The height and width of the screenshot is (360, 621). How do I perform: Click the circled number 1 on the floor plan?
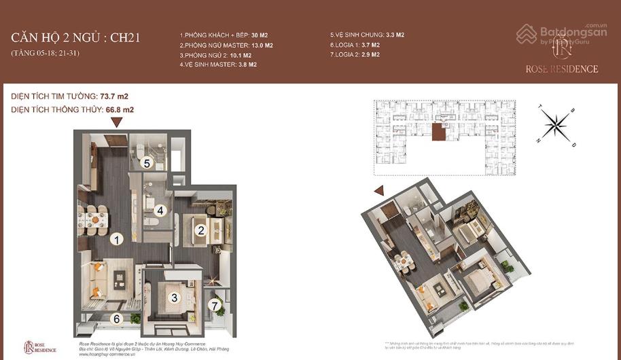117,239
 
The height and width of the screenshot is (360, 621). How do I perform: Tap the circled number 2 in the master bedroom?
200,230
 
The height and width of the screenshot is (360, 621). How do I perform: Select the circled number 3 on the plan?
174,298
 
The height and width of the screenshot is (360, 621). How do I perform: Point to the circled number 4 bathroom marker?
160,210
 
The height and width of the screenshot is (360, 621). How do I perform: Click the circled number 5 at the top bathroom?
146,163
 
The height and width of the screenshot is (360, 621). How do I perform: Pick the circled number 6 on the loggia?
117,318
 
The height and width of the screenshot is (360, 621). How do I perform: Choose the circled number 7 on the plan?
216,305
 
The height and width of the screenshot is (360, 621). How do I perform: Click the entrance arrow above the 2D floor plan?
117,122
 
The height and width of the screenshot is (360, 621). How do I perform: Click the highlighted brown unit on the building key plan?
439,132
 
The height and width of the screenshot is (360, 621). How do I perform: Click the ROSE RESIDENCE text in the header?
561,69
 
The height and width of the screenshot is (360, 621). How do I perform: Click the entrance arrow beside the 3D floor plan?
379,191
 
